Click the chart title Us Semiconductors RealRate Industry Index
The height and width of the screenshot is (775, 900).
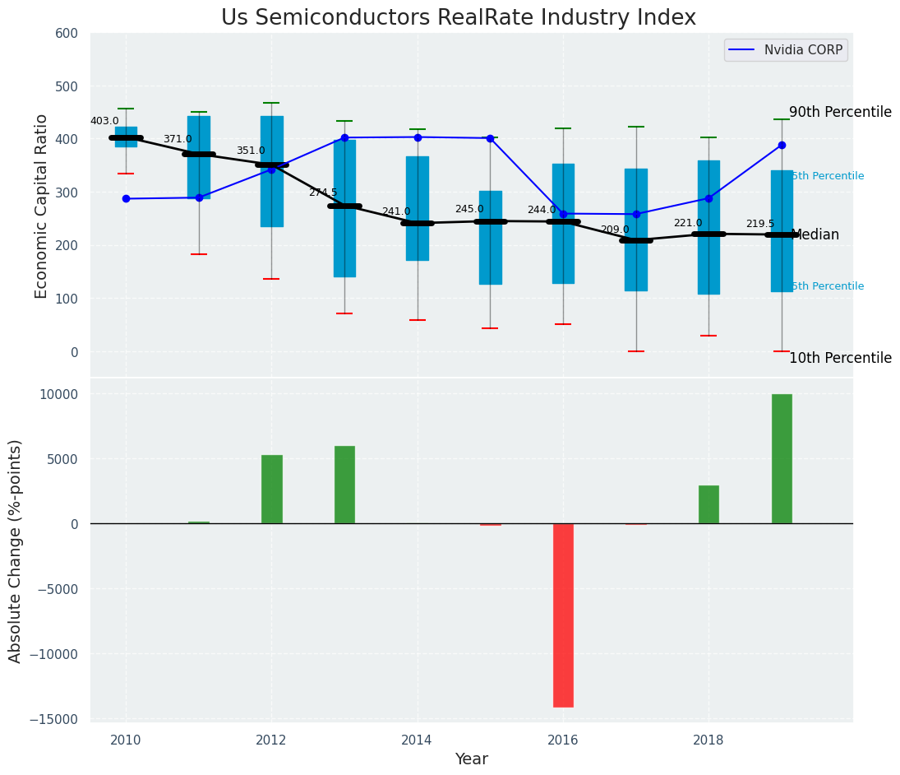point(458,18)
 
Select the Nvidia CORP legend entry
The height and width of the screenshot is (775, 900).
point(802,50)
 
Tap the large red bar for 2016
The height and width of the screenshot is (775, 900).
point(563,615)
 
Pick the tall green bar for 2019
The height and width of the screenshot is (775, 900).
point(782,458)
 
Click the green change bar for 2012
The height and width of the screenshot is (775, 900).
point(272,489)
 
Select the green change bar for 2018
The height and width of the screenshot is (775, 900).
point(708,504)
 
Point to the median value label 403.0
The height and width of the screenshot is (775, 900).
point(104,122)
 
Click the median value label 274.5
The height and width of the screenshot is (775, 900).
point(323,193)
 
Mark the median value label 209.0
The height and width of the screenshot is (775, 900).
point(615,230)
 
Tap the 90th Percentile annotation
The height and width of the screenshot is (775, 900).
point(840,113)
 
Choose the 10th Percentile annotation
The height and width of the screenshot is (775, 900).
point(840,359)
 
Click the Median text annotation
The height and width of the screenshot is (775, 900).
point(815,235)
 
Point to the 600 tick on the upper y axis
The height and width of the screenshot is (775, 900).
point(67,34)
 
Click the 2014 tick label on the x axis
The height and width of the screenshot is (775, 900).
point(417,740)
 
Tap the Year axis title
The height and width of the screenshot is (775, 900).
point(472,759)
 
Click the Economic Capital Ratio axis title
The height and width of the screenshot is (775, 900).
point(41,205)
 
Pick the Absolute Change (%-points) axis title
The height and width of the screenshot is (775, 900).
point(16,550)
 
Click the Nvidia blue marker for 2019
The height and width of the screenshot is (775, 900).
point(782,146)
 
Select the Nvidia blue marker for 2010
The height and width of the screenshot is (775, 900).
point(126,199)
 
